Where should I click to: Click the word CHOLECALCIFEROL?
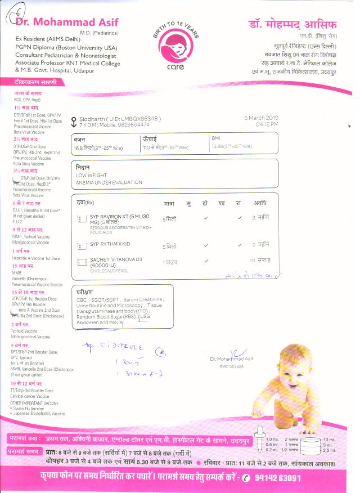(110, 271)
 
